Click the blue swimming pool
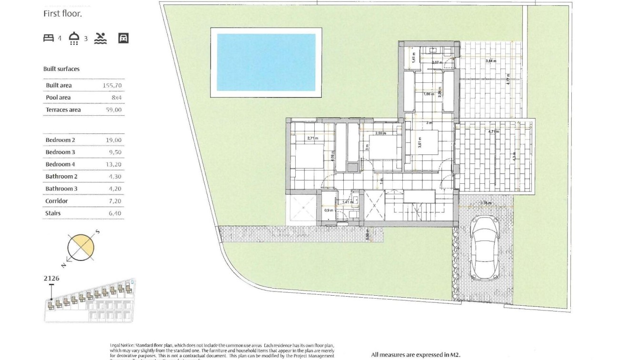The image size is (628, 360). click(x=266, y=62)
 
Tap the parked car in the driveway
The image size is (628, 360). click(x=484, y=248)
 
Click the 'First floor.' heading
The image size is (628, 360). click(x=63, y=14)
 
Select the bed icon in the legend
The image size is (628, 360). click(x=49, y=38)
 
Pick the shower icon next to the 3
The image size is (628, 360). click(x=74, y=38)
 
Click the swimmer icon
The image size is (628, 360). click(x=100, y=38)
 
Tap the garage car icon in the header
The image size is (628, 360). click(x=123, y=38)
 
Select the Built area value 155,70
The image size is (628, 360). click(x=112, y=86)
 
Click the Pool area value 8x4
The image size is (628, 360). click(x=116, y=98)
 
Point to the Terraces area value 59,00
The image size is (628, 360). click(x=113, y=110)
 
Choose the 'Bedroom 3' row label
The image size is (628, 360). click(x=60, y=152)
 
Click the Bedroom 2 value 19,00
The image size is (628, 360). click(x=114, y=140)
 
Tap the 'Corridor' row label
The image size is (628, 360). click(x=57, y=201)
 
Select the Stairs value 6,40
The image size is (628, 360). click(x=115, y=213)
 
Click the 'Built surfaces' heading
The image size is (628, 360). click(x=61, y=69)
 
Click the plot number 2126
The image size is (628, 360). click(x=51, y=279)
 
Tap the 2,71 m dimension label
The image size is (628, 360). click(x=313, y=138)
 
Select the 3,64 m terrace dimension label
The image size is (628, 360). click(x=491, y=61)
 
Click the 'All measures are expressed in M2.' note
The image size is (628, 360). click(x=416, y=355)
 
